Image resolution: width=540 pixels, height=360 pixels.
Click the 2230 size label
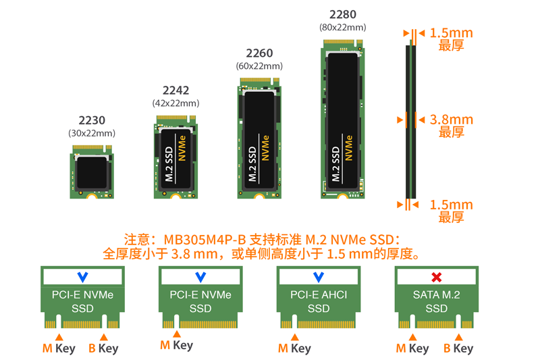[x=92, y=120]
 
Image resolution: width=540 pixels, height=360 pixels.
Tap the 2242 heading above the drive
[x=175, y=91]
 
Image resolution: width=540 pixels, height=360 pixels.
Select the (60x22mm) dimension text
[x=259, y=66]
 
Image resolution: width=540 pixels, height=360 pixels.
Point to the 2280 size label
[x=342, y=14]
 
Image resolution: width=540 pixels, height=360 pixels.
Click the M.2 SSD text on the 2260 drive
[x=252, y=164]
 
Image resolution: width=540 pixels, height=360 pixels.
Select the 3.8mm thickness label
[x=452, y=120]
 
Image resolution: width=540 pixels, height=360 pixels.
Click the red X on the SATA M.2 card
[x=437, y=277]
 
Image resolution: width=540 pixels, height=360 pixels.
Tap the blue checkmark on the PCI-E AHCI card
[x=319, y=277]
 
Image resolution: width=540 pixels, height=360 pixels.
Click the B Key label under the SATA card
[x=458, y=349]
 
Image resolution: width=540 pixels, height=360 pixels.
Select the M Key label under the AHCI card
[x=294, y=349]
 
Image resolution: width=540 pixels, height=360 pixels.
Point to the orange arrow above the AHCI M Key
[x=294, y=336]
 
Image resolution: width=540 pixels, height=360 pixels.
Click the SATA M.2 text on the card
[x=437, y=294]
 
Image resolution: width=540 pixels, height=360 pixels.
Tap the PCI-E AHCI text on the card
[x=319, y=294]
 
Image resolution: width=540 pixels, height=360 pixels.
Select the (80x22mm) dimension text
[x=342, y=28]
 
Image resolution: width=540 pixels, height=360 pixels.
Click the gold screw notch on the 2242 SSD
[x=175, y=196]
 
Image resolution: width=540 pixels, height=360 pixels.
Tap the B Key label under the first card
[x=103, y=349]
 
